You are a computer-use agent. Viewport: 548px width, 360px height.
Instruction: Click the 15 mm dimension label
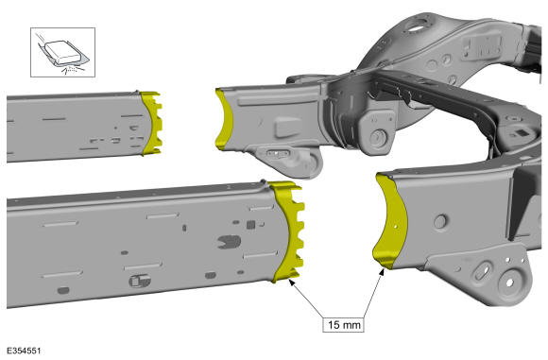coord(344,325)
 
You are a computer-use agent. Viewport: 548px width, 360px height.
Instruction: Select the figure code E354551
coord(25,351)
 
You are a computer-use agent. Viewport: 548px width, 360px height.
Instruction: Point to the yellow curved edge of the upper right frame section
coord(224,119)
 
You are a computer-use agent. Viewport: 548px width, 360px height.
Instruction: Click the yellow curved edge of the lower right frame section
coord(389,222)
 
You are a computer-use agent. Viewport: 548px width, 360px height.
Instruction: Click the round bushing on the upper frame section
coord(377,137)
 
